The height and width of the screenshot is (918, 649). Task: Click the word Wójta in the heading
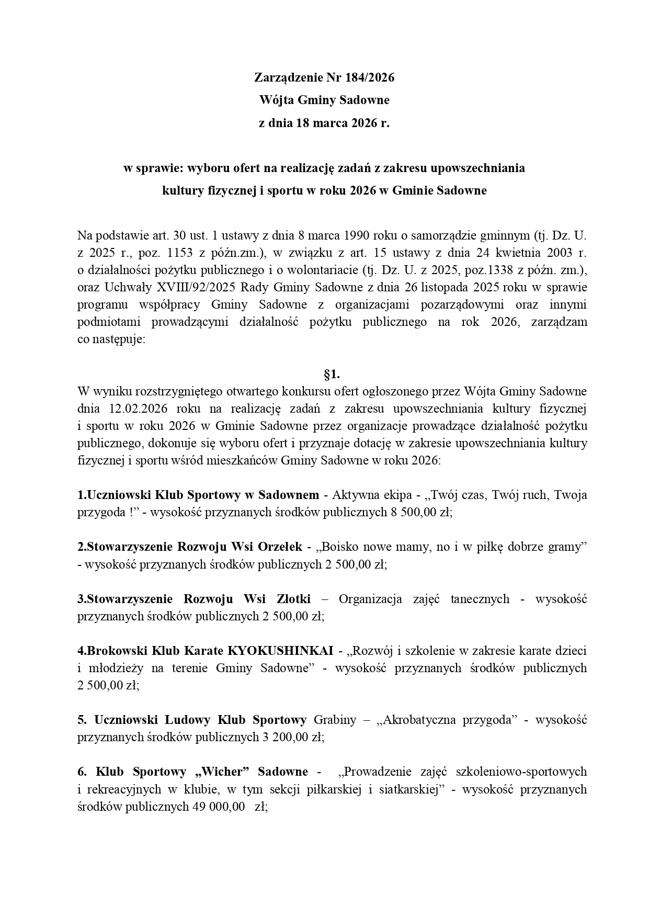274,99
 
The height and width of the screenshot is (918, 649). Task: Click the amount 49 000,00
220,807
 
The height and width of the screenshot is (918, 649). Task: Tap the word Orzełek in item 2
280,547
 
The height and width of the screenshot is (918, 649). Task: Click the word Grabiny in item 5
335,720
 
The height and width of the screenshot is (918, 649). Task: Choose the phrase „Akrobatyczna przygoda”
448,720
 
